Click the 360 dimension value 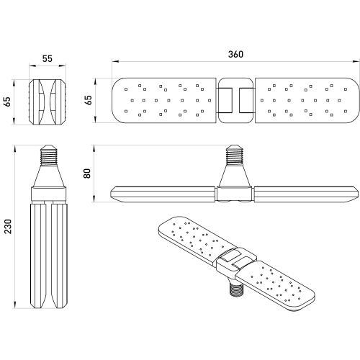tap(235, 55)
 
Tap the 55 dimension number tap(48, 59)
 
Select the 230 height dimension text tap(9, 226)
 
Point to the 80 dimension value tap(87, 174)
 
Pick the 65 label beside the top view tap(88, 100)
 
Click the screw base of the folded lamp tap(48, 155)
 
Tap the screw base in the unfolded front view tap(235, 155)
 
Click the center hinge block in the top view tap(236, 101)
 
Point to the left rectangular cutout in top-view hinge tap(225, 101)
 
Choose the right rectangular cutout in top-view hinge tap(247, 101)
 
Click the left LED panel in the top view tap(164, 101)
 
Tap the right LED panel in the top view tap(307, 101)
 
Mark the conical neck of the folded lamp tap(48, 176)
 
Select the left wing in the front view tap(163, 194)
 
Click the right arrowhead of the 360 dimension tap(356, 62)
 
